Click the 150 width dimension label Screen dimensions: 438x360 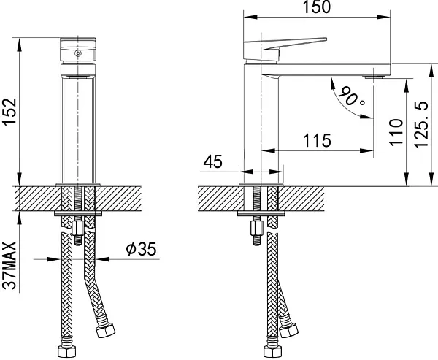click(x=317, y=7)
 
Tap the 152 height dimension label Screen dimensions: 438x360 click(x=9, y=112)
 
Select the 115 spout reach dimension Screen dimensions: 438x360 click(x=317, y=140)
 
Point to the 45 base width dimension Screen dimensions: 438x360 click(x=213, y=161)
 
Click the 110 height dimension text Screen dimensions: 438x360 click(x=396, y=131)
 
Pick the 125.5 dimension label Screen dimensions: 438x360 click(x=421, y=125)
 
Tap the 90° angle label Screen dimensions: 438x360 click(x=351, y=96)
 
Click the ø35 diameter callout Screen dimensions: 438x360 click(x=141, y=249)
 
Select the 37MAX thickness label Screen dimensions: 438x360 click(x=9, y=266)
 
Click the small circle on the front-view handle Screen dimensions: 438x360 click(x=78, y=53)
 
